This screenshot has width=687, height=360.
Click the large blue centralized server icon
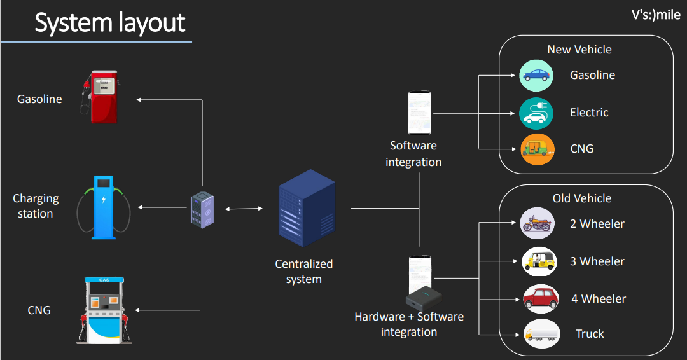click(307, 208)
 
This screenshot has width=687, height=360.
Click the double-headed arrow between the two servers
click(244, 209)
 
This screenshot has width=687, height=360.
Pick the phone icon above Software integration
click(419, 113)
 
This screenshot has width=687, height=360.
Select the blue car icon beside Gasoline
click(537, 75)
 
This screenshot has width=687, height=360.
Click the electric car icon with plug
click(537, 113)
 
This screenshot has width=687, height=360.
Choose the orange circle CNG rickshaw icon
click(537, 149)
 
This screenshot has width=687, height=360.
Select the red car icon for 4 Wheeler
click(541, 298)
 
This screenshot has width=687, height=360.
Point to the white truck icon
click(542, 334)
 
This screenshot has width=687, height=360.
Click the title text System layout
click(109, 23)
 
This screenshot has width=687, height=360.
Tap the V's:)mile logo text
click(655, 15)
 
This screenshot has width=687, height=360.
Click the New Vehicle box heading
click(579, 50)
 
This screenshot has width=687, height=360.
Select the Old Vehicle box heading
click(581, 198)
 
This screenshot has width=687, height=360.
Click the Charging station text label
click(36, 206)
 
